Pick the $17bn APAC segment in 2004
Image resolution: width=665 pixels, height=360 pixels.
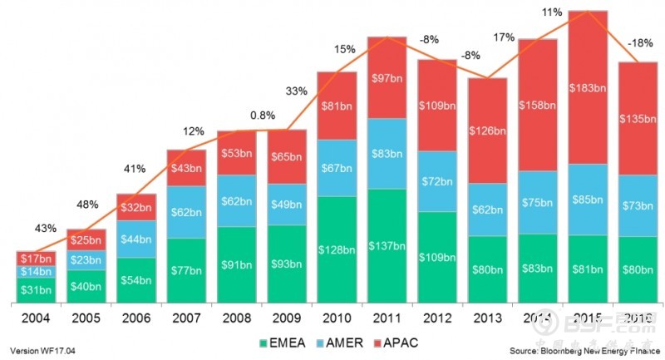tap(36, 258)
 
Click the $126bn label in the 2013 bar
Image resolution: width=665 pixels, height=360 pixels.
tap(488, 131)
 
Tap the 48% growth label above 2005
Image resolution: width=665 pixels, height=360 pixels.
tap(88, 204)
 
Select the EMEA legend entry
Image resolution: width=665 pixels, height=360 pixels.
tap(284, 342)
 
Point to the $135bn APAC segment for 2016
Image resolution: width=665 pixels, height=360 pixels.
tap(638, 118)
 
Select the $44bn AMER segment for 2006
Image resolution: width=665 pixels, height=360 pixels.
tap(136, 239)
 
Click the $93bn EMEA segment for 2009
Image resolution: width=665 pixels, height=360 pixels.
tap(288, 264)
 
